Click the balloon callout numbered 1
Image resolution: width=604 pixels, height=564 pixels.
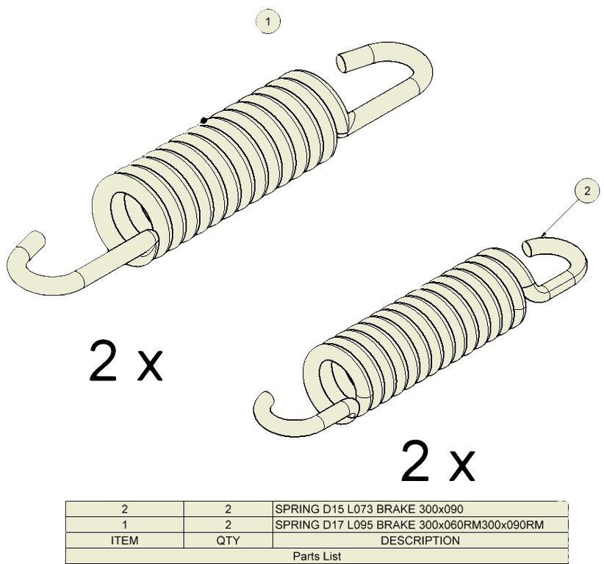[x=268, y=21]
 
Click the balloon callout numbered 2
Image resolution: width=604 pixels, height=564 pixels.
[x=587, y=190]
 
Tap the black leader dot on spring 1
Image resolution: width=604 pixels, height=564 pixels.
[x=204, y=121]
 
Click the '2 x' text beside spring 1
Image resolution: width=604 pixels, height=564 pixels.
[x=126, y=361]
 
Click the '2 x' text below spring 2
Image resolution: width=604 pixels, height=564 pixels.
[x=438, y=461]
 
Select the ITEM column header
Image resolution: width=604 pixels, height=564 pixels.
[x=124, y=540]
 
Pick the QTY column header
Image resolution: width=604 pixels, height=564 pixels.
[x=228, y=540]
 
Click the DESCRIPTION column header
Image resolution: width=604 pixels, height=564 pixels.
[x=420, y=540]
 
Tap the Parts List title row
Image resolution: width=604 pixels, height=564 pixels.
[x=317, y=556]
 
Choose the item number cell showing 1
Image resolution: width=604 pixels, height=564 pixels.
[x=124, y=525]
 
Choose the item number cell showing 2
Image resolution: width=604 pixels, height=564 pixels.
[x=124, y=509]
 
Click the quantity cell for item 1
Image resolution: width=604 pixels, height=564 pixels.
[x=228, y=525]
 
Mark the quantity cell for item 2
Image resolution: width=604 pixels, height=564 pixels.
[x=228, y=509]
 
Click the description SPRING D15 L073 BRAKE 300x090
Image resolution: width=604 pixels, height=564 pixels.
[x=369, y=509]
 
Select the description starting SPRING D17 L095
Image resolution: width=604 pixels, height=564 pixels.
[x=409, y=525]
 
